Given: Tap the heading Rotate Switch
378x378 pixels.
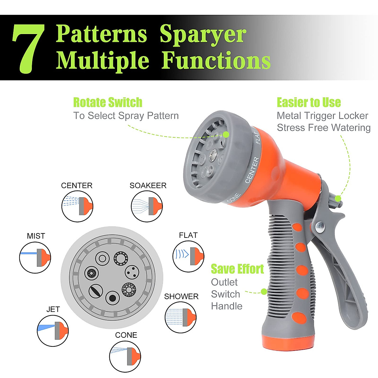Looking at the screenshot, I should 108,102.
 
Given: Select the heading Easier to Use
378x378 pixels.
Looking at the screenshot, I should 309,102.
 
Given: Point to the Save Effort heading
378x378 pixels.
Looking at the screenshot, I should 237,269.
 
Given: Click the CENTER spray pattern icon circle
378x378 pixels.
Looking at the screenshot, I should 77,206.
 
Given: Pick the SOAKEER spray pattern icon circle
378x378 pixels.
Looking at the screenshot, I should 147,206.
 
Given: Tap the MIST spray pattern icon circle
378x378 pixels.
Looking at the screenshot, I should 35,258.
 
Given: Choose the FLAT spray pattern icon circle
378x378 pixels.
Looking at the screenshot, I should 188,256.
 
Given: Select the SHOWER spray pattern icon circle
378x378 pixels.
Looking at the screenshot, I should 180,317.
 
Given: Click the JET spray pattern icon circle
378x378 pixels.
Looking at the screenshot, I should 53,331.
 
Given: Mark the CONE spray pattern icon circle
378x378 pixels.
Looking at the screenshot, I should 125,356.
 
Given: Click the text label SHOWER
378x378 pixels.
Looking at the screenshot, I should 181,296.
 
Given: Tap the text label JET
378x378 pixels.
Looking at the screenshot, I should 53,309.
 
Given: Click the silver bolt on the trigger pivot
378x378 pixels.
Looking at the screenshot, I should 320,226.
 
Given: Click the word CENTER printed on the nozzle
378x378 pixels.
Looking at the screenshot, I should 252,170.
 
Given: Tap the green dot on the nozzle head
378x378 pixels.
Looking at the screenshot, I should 226,134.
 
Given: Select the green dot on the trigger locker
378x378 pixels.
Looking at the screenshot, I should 338,198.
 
